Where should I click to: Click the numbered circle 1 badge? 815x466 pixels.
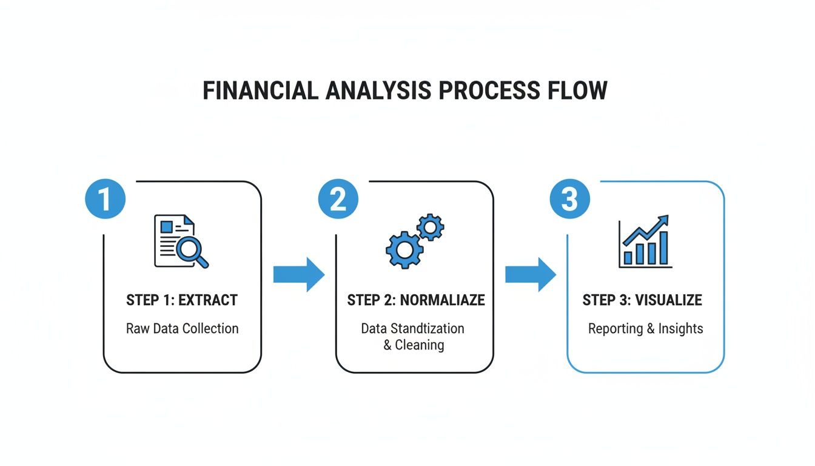pos(106,199)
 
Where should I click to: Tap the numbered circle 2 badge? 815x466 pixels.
pos(338,199)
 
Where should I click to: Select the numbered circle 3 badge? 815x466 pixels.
pos(569,199)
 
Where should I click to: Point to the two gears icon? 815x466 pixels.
pos(415,241)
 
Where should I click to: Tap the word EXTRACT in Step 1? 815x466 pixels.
pos(208,300)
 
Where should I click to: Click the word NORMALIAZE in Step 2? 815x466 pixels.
pos(443,300)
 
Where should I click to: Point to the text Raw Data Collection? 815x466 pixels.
pos(182,329)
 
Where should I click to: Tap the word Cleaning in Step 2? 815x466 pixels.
pos(420,345)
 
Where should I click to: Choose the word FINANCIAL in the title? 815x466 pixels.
pos(260,90)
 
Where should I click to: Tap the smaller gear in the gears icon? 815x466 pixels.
pos(431,227)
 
